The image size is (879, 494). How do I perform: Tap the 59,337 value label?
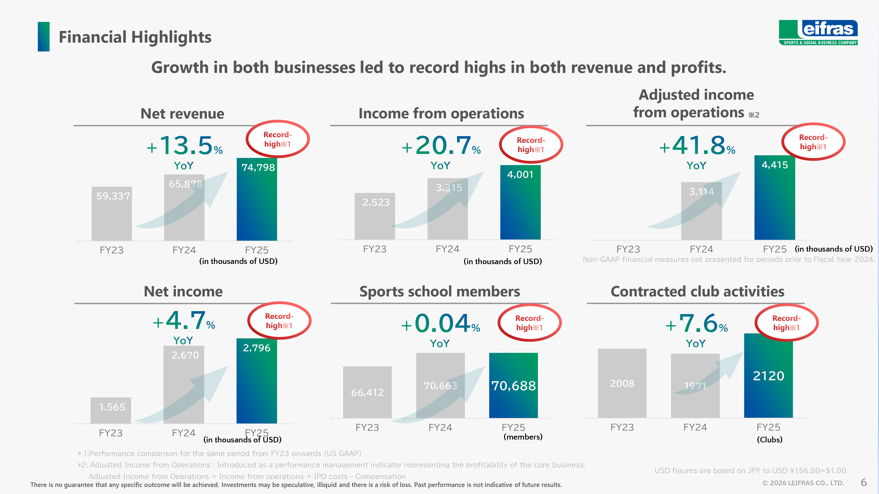click(x=113, y=196)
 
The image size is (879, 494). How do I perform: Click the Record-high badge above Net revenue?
click(x=277, y=139)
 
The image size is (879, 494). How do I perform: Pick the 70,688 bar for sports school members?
click(x=513, y=385)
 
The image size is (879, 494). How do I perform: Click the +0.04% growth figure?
click(x=441, y=324)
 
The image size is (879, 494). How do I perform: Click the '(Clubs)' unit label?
click(x=770, y=440)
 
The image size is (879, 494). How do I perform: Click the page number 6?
click(x=864, y=482)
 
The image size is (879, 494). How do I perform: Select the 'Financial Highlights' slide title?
click(x=135, y=37)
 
